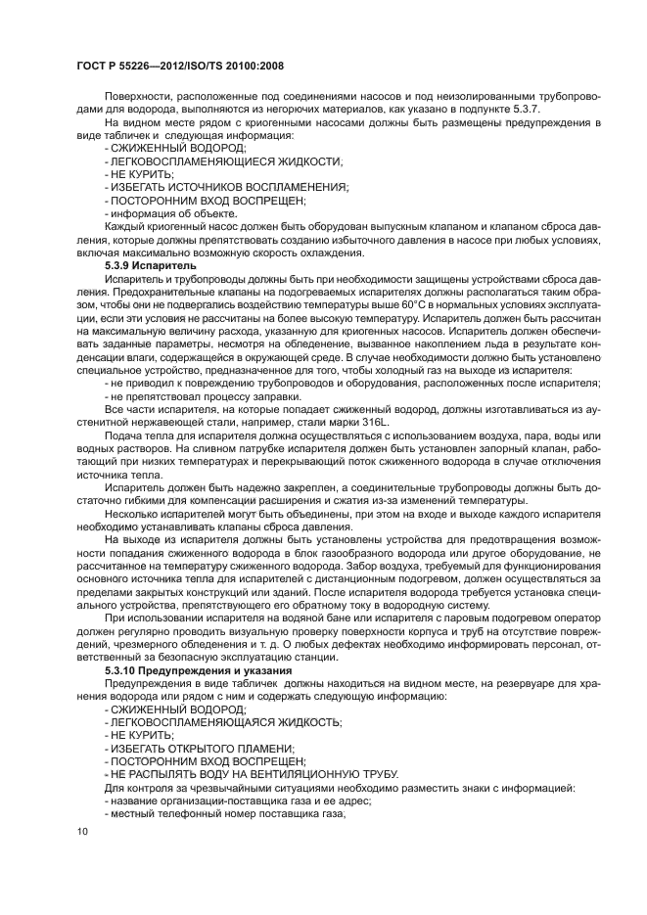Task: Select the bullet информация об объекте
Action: click(x=170, y=213)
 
